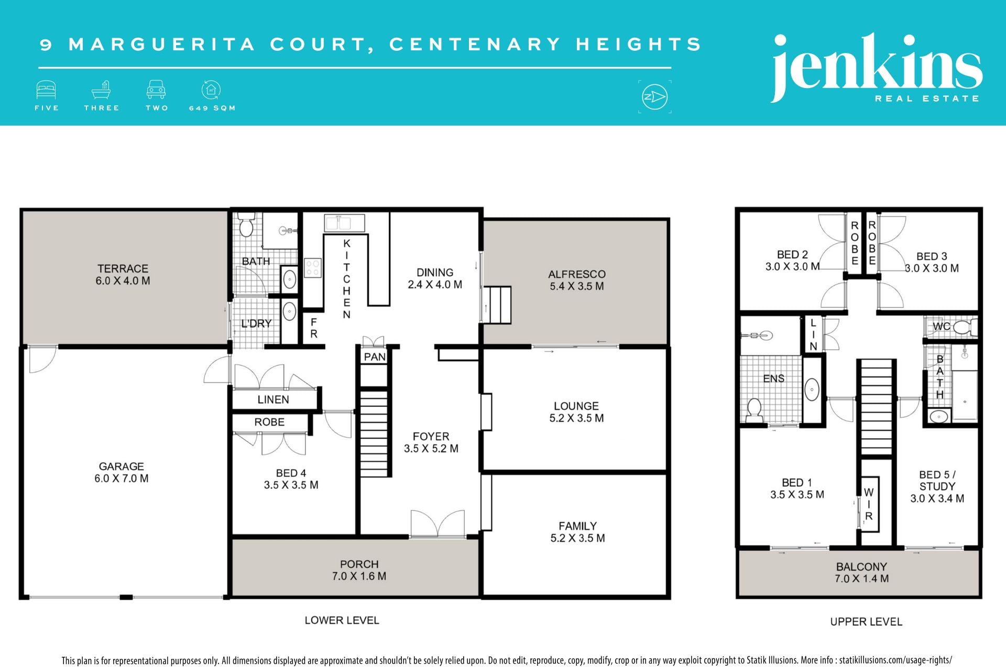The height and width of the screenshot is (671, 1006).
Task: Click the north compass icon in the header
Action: tap(654, 97)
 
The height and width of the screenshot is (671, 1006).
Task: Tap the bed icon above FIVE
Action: tap(46, 90)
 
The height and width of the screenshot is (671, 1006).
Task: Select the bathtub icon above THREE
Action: tap(101, 90)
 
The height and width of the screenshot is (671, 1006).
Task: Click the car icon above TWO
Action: tap(156, 90)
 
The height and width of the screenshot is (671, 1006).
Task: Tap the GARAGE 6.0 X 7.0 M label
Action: tap(122, 472)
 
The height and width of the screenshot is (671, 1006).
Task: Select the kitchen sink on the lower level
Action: tap(344, 223)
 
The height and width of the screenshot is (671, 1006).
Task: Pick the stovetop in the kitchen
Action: tap(313, 268)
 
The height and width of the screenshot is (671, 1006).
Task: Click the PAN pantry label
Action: tap(375, 357)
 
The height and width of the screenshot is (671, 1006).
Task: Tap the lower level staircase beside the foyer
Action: tap(374, 432)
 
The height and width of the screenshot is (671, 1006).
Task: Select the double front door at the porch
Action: tap(438, 523)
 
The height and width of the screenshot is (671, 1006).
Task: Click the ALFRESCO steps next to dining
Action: tap(497, 305)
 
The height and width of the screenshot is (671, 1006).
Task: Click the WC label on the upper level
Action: tap(942, 327)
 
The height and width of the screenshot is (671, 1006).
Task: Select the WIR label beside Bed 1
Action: tap(869, 504)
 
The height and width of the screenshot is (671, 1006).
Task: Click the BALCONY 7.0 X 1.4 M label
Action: tap(861, 573)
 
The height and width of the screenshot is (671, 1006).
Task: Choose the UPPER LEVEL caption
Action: tap(866, 622)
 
